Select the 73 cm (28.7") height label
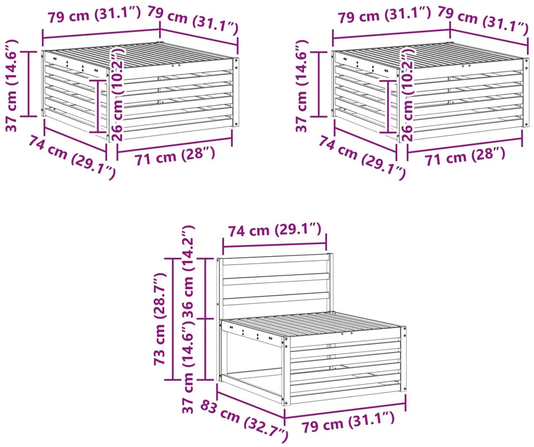(159, 318)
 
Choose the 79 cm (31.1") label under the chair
(348, 422)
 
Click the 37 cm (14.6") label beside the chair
(188, 369)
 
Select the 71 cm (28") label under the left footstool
(175, 157)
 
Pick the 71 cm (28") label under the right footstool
(464, 157)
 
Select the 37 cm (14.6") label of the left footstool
(12, 85)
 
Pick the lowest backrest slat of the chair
(276, 298)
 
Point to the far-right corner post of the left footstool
(236, 92)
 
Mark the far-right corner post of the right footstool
(526, 92)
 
